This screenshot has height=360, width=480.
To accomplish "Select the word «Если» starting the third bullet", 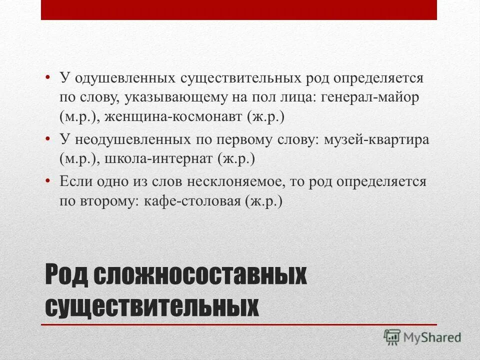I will coord(73,181).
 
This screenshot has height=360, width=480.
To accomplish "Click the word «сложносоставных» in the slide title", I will coord(199,276).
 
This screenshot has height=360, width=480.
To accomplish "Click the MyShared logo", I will coord(422,336).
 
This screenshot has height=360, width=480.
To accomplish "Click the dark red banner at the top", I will coord(239,10).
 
